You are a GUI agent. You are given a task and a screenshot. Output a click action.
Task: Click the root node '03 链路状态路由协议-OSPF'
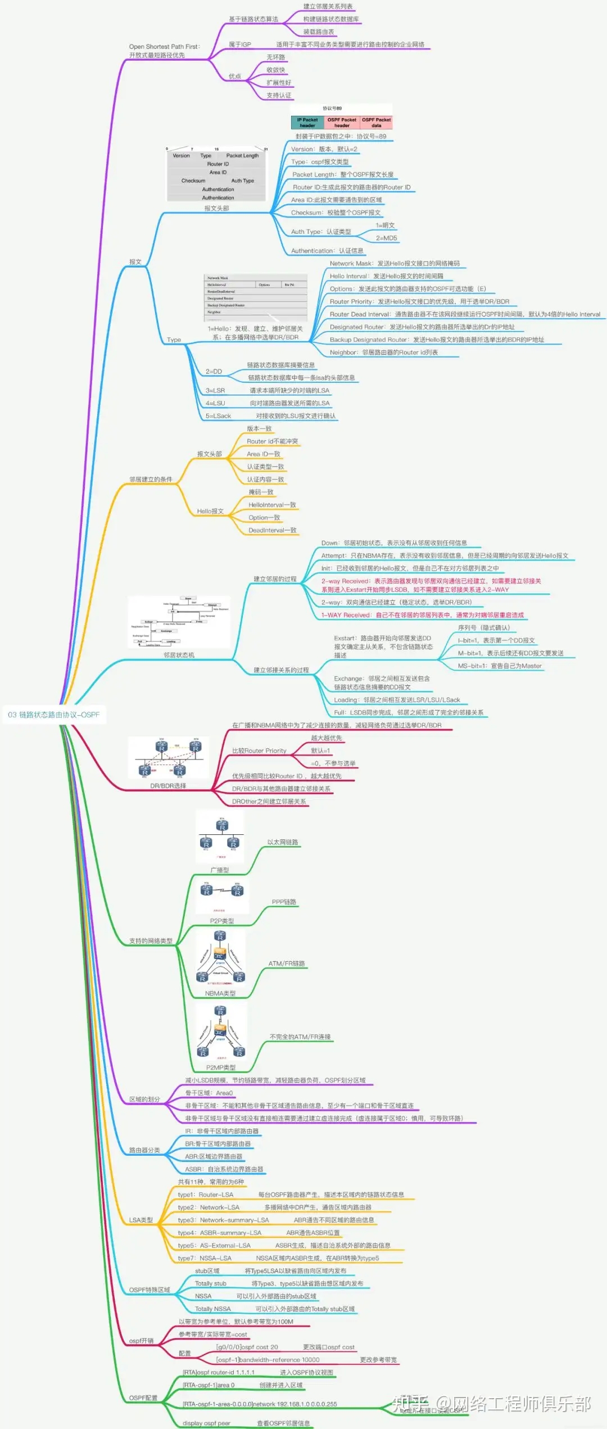click(x=54, y=714)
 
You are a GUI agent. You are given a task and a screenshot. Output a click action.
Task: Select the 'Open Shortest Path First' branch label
click(x=164, y=47)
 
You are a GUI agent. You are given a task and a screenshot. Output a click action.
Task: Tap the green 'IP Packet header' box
click(x=307, y=123)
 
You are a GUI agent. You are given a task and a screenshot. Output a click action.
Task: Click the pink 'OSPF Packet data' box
click(x=376, y=123)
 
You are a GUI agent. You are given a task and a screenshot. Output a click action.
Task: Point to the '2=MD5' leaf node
click(x=386, y=238)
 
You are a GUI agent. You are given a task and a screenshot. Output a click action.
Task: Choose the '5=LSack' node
click(x=218, y=416)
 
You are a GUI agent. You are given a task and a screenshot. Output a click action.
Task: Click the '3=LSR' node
click(x=215, y=390)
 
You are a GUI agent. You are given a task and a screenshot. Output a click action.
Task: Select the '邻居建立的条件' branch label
click(x=151, y=480)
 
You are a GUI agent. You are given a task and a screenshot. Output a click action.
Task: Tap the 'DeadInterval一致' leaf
click(x=272, y=530)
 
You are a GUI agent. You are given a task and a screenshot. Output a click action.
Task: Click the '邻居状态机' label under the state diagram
click(x=179, y=655)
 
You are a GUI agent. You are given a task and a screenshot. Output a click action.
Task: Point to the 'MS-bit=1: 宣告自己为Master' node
click(x=500, y=666)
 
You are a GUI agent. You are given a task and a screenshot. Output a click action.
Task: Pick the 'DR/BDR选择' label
click(x=168, y=786)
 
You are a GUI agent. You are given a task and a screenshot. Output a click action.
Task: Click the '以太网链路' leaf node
click(x=283, y=842)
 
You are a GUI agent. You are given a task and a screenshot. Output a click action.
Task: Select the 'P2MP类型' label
click(x=221, y=1068)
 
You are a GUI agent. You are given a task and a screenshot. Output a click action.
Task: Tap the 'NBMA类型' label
click(x=220, y=993)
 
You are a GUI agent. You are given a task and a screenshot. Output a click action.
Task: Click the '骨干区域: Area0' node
click(x=209, y=1093)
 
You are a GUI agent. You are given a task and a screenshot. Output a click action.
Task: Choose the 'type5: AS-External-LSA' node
click(x=214, y=1245)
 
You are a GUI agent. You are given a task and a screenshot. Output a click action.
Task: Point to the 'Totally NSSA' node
click(x=212, y=1309)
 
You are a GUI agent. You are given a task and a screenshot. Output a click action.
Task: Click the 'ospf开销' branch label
click(x=141, y=1341)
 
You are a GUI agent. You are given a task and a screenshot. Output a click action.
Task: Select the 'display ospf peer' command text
click(x=206, y=1423)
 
